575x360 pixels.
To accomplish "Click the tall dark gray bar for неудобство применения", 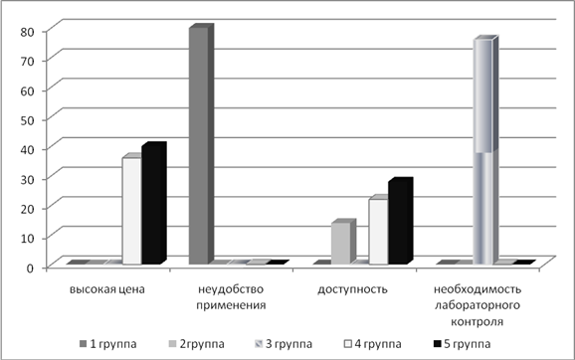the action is (201, 144).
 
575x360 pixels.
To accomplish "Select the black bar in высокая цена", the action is (154, 203).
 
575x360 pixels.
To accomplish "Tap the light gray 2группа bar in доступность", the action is (343, 242).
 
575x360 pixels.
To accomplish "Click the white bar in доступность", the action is (379, 230).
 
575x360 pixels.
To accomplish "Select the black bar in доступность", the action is (401, 221).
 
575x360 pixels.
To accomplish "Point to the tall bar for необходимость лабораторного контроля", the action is (485, 150).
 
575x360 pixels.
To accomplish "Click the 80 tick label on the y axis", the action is (27, 32).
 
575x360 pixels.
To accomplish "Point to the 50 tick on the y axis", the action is (27, 120).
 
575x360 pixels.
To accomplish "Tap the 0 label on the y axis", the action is (31, 268).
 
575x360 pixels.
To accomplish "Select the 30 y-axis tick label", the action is (27, 179).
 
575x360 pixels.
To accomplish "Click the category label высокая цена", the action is (107, 289).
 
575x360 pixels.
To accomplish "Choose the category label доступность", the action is (352, 289).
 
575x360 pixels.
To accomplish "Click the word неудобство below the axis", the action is (231, 289).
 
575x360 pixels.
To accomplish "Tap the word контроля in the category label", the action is (478, 322).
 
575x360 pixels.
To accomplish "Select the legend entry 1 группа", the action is (108, 344).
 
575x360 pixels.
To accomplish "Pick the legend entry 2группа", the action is (197, 344).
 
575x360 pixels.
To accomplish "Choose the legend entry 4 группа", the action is (373, 344).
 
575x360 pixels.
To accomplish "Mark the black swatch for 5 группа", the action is (437, 344).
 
